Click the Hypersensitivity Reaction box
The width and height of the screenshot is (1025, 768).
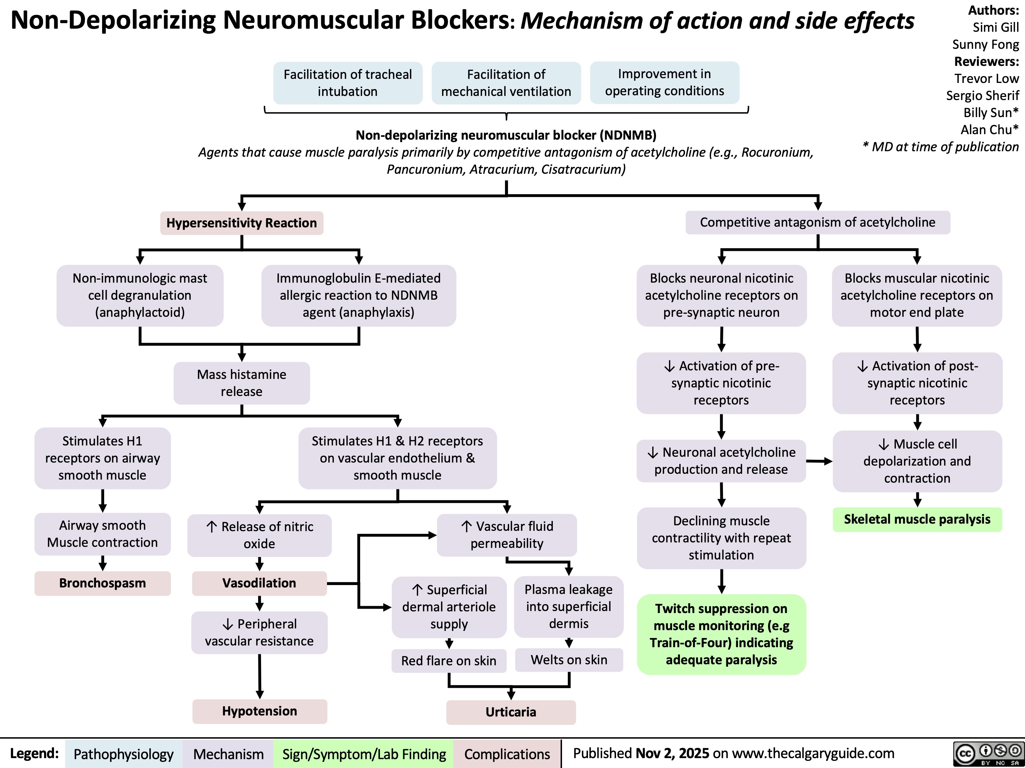242,223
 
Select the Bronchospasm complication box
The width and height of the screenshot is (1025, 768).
102,583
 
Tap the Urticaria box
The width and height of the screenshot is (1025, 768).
511,712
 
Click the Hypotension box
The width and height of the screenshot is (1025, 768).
259,711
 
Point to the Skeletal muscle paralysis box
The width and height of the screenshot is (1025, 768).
917,520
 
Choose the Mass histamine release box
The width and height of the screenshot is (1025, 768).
242,383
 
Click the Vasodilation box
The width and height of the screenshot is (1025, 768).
259,583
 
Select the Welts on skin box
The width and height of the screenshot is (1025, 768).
569,660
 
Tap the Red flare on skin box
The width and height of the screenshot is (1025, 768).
449,660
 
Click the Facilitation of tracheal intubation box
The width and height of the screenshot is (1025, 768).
347,83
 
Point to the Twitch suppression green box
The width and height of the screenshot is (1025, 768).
721,634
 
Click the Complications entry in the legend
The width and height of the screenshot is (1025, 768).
507,754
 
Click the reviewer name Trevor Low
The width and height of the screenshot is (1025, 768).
986,79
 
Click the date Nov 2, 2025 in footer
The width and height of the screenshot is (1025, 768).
672,753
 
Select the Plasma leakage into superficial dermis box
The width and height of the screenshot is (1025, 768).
568,607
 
